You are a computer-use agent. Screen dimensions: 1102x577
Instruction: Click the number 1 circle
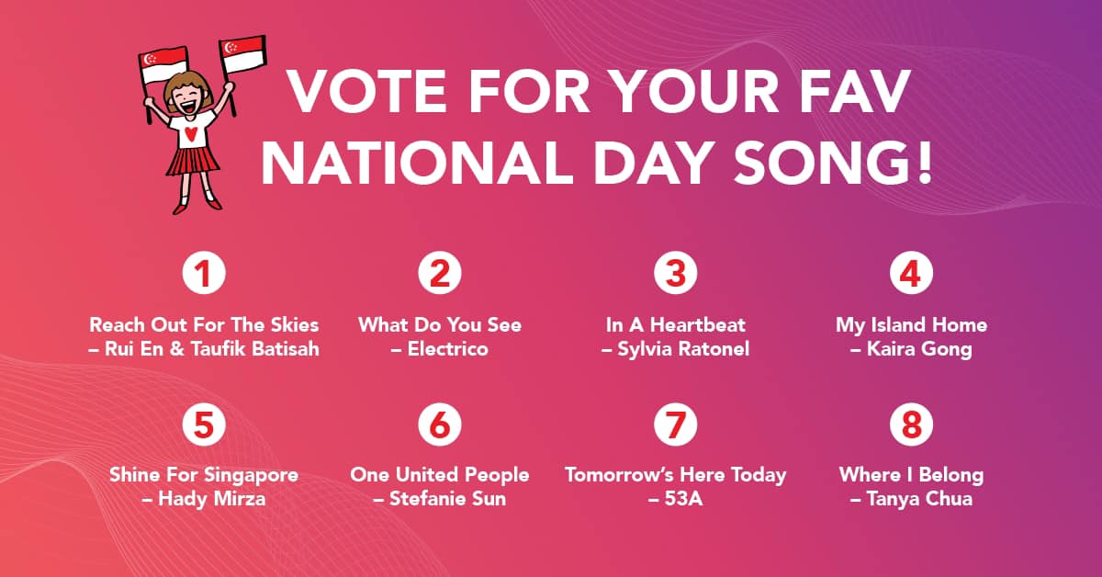pyautogui.click(x=204, y=273)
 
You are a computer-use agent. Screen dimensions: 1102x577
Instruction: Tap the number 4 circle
pyautogui.click(x=911, y=273)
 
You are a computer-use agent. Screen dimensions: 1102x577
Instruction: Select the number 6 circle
pyautogui.click(x=440, y=424)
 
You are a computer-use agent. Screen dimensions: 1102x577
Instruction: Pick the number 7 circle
pyautogui.click(x=676, y=424)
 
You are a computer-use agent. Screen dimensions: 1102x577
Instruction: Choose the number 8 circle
pyautogui.click(x=911, y=424)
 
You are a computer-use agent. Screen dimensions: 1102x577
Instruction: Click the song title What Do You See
pyautogui.click(x=440, y=325)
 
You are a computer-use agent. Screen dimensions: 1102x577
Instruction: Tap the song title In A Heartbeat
pyautogui.click(x=676, y=325)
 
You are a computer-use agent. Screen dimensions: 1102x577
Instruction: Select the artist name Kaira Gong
pyautogui.click(x=919, y=349)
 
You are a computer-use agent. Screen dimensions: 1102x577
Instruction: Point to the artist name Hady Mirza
pyautogui.click(x=211, y=499)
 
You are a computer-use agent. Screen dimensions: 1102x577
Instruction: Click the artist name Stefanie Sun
pyautogui.click(x=448, y=499)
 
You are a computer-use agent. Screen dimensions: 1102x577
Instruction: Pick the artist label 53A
pyautogui.click(x=683, y=499)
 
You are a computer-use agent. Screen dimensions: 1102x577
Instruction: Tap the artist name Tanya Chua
pyautogui.click(x=919, y=499)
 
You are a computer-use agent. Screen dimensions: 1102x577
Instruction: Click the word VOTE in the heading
pyautogui.click(x=367, y=92)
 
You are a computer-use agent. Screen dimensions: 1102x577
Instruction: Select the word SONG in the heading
pyautogui.click(x=819, y=162)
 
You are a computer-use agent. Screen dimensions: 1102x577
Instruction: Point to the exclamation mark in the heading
pyautogui.click(x=925, y=162)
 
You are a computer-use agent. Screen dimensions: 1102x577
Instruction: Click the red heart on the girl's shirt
pyautogui.click(x=191, y=134)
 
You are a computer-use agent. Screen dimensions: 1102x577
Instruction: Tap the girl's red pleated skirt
pyautogui.click(x=192, y=161)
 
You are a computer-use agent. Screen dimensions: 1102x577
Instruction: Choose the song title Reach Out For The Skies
pyautogui.click(x=204, y=325)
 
